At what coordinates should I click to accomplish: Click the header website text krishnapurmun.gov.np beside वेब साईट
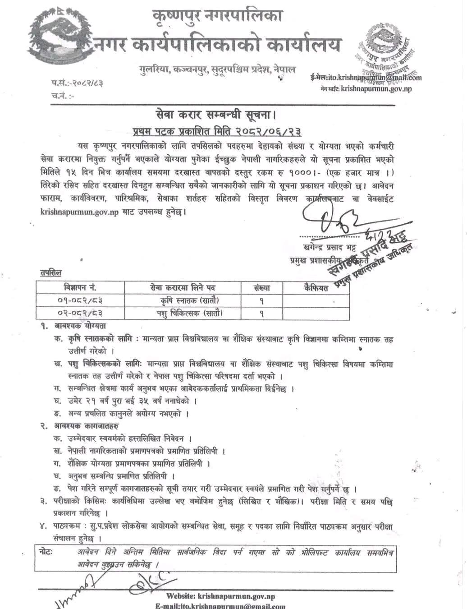point(376,89)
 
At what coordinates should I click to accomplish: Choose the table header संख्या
point(261,287)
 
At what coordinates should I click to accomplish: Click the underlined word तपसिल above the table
point(50,272)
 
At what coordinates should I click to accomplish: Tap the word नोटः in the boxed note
point(46,552)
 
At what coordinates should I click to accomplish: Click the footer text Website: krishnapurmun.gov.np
point(220,596)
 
